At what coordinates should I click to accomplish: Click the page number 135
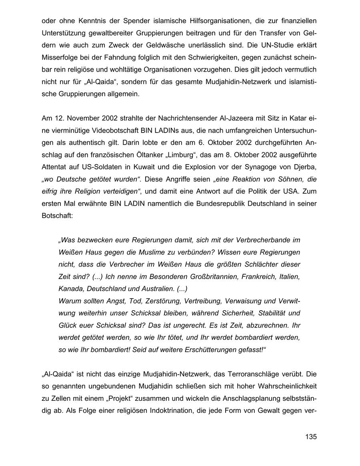click(310, 437)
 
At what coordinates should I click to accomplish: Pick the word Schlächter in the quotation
click(262, 265)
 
